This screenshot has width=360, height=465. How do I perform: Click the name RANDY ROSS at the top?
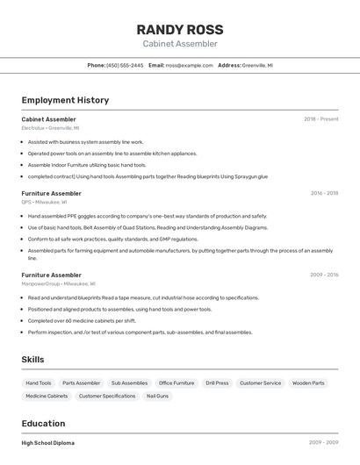180,29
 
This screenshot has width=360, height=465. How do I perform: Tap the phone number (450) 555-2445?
125,66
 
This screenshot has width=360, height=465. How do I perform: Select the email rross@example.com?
190,66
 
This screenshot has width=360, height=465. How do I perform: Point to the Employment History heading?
65,100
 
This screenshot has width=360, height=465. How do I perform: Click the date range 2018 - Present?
320,119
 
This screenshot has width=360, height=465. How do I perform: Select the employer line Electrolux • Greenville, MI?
50,128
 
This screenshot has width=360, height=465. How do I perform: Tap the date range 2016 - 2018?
324,193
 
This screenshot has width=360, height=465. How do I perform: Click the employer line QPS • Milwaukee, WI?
45,202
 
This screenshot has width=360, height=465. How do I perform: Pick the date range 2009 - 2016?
324,275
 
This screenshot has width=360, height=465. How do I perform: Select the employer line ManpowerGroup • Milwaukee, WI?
58,283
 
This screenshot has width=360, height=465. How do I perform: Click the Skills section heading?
32,360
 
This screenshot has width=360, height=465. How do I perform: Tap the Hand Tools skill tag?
39,383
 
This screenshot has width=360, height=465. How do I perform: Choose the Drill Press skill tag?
217,383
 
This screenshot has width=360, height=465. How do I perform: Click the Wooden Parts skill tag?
308,383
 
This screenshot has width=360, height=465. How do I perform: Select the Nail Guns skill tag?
157,397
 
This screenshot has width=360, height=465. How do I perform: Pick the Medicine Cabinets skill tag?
47,397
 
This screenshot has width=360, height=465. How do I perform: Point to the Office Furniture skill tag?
176,383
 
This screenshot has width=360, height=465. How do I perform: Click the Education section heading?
43,424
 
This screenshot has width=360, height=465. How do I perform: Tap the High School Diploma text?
48,443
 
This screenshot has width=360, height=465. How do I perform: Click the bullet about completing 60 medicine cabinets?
82,320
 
